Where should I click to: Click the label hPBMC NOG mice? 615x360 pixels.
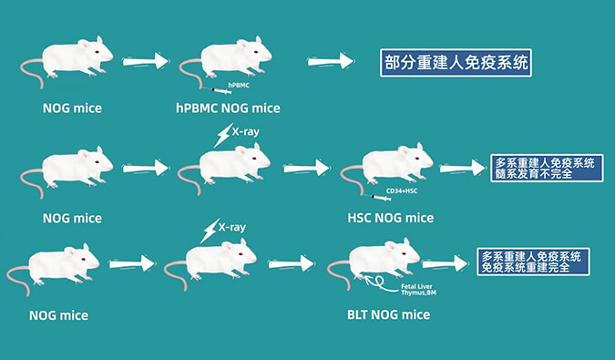(227, 108)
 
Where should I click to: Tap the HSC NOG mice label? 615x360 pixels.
(390, 218)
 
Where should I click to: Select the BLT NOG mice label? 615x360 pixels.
(390, 314)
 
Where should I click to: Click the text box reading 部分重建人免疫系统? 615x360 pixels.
(455, 64)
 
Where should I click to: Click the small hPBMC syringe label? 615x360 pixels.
(239, 84)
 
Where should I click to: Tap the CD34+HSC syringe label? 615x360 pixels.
(401, 190)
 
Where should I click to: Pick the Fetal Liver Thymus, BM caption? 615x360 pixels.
(421, 291)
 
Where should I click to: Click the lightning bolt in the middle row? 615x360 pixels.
(222, 137)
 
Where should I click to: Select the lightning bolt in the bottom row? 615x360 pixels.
(210, 230)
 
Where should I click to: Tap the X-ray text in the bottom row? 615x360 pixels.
(235, 223)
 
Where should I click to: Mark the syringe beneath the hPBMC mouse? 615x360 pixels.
(221, 90)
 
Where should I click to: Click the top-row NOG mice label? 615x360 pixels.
(72, 108)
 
